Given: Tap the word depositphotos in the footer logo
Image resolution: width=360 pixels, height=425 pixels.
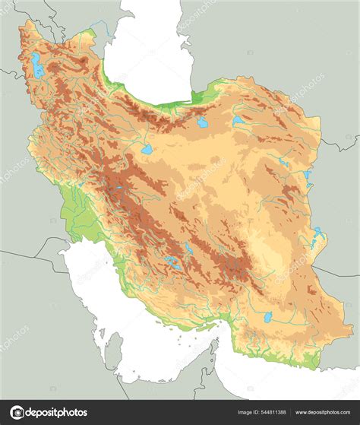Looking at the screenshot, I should click(x=53, y=413).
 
